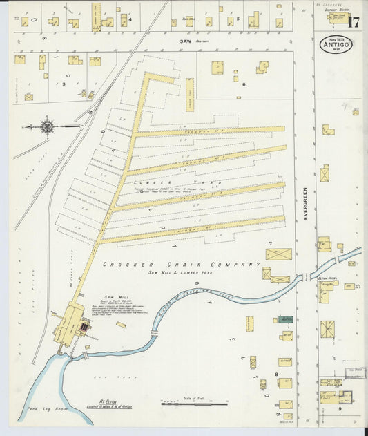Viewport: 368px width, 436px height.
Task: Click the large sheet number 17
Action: coord(353,21)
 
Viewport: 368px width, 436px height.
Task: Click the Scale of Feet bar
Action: coord(193,403)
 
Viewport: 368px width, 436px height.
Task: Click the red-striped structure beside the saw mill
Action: coord(84,325)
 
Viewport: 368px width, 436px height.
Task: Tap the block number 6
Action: coord(244,84)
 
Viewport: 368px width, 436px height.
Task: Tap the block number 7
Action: coord(271,244)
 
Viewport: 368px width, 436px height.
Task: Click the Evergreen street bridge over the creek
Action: coord(304,278)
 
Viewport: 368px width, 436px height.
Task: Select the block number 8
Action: coord(276,374)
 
